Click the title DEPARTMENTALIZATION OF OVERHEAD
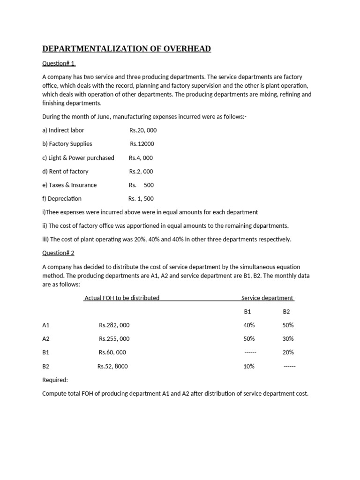[127, 49]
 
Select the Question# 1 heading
[59, 63]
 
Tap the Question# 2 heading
[59, 253]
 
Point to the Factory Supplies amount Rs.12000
[142, 144]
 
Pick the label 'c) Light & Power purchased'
[78, 157]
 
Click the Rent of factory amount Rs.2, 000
[141, 171]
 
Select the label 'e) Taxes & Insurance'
[69, 185]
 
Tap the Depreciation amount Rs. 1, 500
[141, 198]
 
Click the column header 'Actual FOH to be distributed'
[122, 298]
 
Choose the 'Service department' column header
[267, 298]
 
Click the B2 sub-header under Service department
[287, 311]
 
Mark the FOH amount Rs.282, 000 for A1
[114, 325]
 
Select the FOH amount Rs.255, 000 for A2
[114, 338]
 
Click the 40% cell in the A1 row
[249, 325]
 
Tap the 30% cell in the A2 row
[288, 338]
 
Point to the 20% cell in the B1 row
[288, 352]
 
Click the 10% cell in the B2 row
[249, 366]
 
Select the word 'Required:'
[55, 380]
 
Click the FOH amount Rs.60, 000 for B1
[112, 352]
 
